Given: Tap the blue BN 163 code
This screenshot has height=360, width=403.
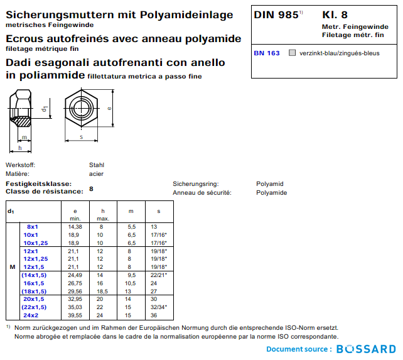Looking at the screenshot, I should coord(267,53).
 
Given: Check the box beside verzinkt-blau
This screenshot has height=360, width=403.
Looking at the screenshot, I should coord(292,53).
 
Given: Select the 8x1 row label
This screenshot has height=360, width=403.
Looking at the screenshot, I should coord(33,226).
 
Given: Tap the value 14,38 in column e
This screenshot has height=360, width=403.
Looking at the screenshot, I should coord(75,226).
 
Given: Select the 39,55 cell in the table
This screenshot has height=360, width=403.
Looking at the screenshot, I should coord(75,315).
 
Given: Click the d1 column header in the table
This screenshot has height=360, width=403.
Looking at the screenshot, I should coord(11,210).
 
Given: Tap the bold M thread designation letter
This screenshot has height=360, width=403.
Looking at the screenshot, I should coord(13,267).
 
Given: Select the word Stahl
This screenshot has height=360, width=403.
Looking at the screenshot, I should coord(97,165).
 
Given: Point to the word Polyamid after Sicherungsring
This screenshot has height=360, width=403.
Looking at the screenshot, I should coord(270,184).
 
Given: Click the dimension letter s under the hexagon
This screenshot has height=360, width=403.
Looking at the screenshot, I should coord(82,136).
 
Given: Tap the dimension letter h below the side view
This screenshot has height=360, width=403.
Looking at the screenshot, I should coord(20,148).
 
